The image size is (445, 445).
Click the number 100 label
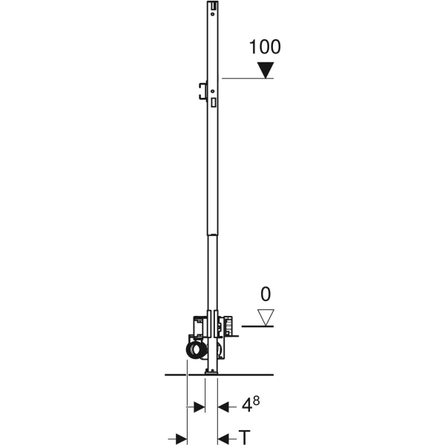pos(265,47)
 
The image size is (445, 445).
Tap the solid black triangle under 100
pos(266,70)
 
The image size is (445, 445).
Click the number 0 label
pos(266,294)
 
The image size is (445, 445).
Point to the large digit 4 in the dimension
pos(247,405)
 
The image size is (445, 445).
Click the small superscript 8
pos(257,400)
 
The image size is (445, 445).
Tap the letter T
pos(244,438)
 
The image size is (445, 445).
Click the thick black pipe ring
pos(195,350)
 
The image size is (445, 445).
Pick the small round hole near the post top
pos(213,14)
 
